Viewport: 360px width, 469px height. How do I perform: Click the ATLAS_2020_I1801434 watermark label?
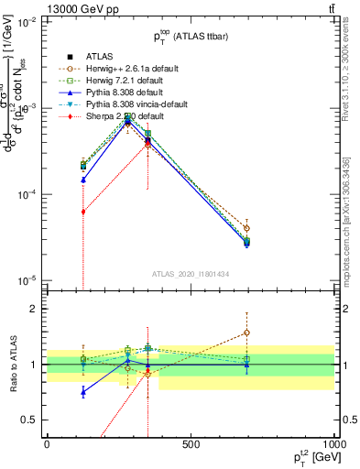191,274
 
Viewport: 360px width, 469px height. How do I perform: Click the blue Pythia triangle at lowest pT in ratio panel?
83,392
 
